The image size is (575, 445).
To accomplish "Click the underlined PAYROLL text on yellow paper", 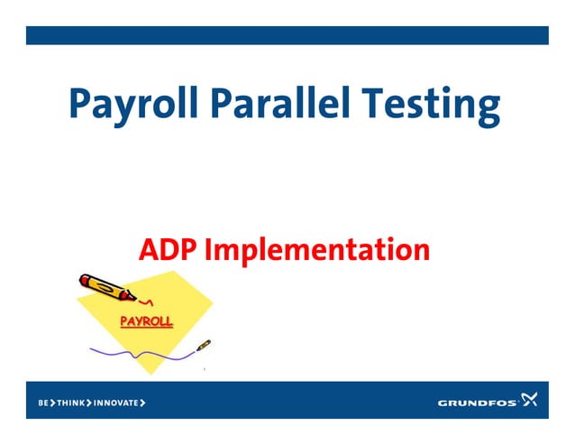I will [x=147, y=320].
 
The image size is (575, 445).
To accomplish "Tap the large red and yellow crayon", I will [x=105, y=286].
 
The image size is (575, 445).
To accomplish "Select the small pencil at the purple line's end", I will [x=204, y=345].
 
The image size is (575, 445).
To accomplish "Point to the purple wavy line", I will [x=135, y=352].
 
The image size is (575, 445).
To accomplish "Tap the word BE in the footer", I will [x=43, y=402].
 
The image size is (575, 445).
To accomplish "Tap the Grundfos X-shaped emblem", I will [x=530, y=400].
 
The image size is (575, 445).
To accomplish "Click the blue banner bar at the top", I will [x=287, y=35].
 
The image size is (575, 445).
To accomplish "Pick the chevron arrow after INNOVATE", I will [x=142, y=402].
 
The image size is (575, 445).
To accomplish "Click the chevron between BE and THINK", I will [x=53, y=402].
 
